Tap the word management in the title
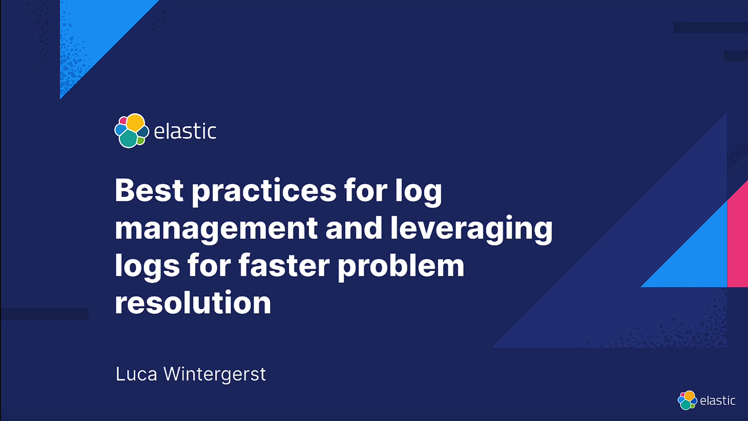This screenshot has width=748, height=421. coord(216,230)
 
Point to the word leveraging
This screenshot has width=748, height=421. coord(471,230)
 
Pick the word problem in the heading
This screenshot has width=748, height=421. coord(401,267)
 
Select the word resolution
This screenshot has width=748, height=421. coord(193,302)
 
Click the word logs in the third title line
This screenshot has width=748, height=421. coord(147,267)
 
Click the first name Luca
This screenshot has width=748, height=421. coord(136,374)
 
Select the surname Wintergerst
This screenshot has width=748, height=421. coord(215,374)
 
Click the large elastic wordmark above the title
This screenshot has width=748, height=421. coord(185,131)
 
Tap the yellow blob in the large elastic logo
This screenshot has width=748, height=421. coord(135,122)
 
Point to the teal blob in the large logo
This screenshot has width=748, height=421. coord(128,138)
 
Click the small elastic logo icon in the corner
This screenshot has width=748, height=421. coord(687,400)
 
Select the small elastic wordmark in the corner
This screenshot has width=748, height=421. coord(717,400)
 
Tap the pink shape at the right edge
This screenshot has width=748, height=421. coord(737,234)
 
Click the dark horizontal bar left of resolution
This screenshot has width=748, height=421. coord(44,314)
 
